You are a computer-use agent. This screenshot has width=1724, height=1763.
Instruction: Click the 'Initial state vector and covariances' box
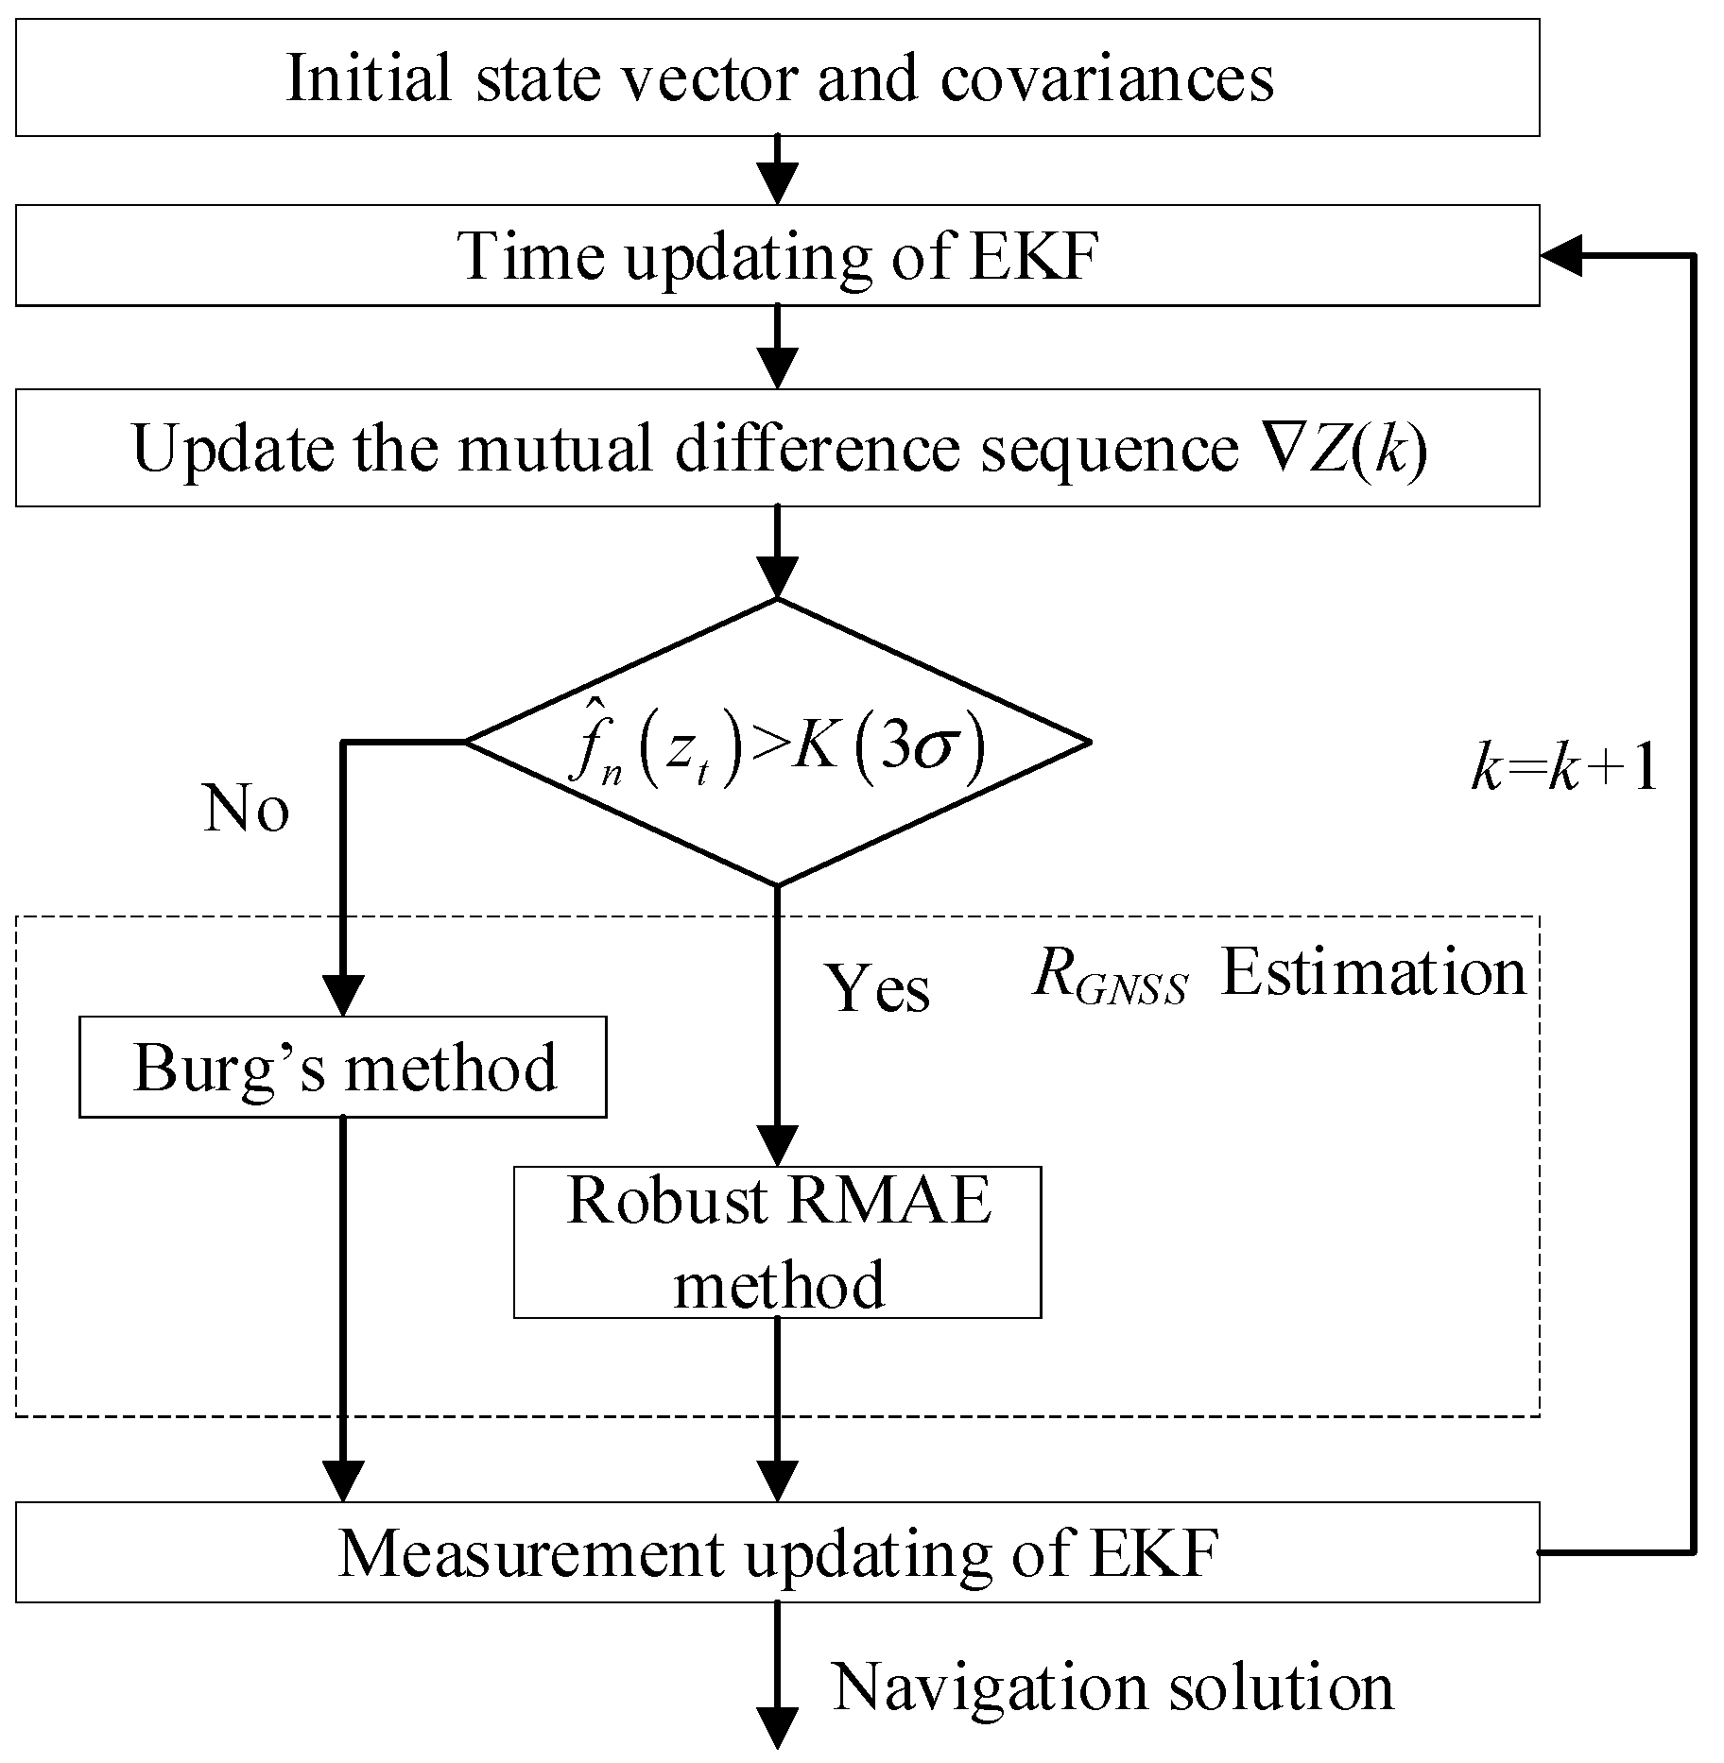pos(777,77)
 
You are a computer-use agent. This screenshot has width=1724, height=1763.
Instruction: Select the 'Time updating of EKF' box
pos(777,255)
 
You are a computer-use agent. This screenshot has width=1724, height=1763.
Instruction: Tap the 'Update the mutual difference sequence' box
pos(777,448)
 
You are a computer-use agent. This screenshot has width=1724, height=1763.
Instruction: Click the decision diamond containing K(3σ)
pos(777,743)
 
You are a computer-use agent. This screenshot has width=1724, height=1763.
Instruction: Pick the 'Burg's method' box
pos(342,1068)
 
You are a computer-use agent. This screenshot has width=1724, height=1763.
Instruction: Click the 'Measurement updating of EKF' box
pos(777,1552)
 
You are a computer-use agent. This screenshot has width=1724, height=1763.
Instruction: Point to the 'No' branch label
pos(246,809)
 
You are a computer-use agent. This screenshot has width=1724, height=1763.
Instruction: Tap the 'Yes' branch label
pos(879,988)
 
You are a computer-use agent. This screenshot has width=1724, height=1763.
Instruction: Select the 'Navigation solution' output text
pos(1112,1686)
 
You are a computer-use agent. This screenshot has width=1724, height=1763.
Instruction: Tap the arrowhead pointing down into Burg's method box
pos(342,998)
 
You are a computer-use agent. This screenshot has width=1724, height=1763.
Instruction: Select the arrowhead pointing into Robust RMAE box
pos(777,1147)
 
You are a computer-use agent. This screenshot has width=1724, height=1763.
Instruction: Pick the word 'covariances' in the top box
pos(1106,77)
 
